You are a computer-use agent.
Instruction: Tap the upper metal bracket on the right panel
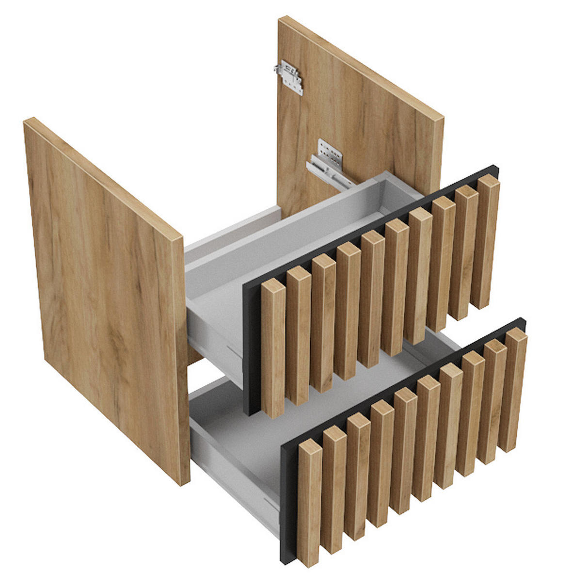(x=289, y=77)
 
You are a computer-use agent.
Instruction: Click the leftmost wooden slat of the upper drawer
(x=273, y=349)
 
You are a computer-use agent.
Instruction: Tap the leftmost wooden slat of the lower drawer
(x=309, y=504)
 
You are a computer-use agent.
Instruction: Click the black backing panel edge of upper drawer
(x=251, y=349)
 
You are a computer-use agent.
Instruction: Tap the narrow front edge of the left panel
(x=181, y=359)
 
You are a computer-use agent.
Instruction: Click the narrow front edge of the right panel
(x=436, y=155)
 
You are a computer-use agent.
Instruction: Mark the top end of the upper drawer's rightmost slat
(x=488, y=181)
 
